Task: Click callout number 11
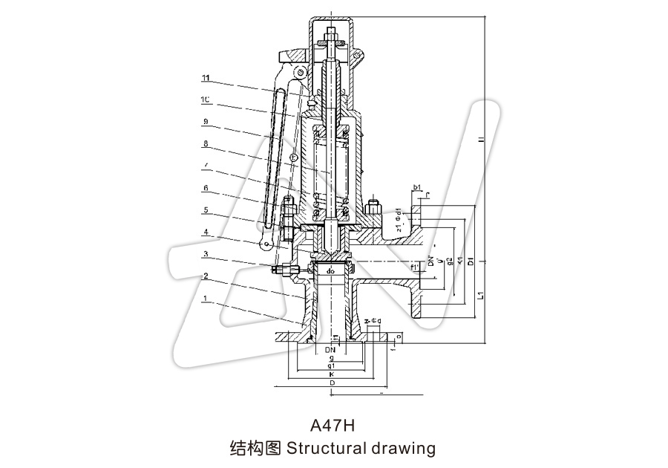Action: pos(206,77)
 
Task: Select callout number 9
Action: pos(206,121)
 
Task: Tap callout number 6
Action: pos(206,188)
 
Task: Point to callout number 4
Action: pos(206,232)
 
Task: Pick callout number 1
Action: pos(206,298)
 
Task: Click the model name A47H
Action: pos(333,426)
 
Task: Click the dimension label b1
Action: pos(417,186)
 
